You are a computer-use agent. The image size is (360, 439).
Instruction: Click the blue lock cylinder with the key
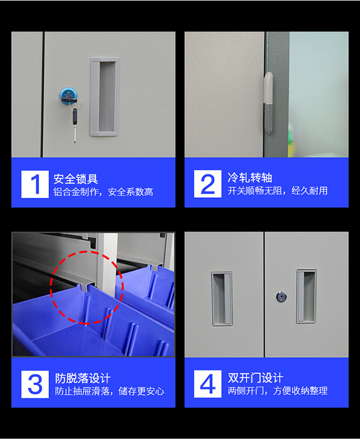click(68, 96)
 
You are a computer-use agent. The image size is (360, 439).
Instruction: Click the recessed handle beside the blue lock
click(104, 97)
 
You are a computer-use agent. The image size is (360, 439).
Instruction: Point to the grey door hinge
click(268, 103)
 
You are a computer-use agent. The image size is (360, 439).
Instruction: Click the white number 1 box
click(35, 184)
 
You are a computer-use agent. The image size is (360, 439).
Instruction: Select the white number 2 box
click(208, 184)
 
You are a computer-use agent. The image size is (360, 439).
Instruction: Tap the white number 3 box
click(35, 384)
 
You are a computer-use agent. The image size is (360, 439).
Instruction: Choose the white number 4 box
click(208, 384)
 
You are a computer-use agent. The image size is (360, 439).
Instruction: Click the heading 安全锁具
click(76, 179)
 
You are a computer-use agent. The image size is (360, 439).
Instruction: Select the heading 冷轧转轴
click(250, 178)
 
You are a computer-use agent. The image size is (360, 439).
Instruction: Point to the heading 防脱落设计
click(83, 378)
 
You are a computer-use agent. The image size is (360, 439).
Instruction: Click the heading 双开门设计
click(256, 378)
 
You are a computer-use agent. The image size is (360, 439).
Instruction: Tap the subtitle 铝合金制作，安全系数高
click(103, 192)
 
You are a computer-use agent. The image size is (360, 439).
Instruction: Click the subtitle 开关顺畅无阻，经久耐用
click(277, 191)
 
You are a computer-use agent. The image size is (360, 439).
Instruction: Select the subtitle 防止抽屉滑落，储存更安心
click(110, 391)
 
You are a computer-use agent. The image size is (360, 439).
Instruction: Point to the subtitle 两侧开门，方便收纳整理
click(277, 391)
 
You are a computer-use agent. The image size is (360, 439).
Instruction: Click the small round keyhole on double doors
click(281, 297)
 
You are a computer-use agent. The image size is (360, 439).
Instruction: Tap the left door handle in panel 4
click(222, 299)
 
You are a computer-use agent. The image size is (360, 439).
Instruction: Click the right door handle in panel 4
click(307, 297)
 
